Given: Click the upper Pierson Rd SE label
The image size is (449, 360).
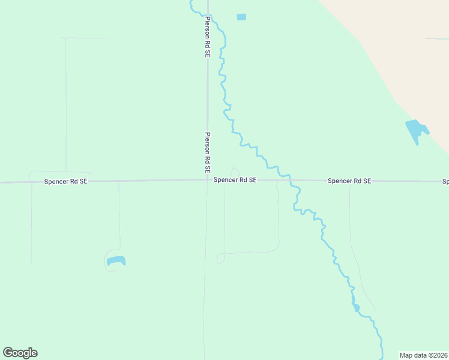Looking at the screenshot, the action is [208, 37].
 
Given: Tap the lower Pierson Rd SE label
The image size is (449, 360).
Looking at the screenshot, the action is [208, 149].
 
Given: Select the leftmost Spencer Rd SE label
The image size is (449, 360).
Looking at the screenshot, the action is [66, 181].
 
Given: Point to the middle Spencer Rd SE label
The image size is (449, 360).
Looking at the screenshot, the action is [235, 179].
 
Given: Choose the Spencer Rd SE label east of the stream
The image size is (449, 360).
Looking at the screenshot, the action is [349, 180].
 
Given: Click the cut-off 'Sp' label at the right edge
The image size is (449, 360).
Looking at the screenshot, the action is [445, 181].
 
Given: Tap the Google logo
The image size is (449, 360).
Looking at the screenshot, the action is [20, 353].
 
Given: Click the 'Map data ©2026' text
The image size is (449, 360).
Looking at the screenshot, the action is [424, 355].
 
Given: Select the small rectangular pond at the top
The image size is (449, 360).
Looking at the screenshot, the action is [241, 17].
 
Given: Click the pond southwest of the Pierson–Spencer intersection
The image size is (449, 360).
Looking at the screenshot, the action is [116, 261].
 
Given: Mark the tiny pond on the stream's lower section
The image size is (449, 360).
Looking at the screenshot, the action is [357, 308].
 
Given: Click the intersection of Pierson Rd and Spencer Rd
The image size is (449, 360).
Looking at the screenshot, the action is [208, 179].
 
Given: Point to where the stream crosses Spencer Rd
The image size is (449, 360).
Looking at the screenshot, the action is [290, 179].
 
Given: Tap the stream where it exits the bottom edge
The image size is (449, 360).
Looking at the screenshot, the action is [381, 358].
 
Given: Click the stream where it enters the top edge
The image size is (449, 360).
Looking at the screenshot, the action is [191, 2].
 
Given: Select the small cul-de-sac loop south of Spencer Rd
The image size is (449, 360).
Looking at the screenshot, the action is [220, 259].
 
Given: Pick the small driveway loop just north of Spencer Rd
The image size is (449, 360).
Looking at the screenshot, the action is [234, 170].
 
